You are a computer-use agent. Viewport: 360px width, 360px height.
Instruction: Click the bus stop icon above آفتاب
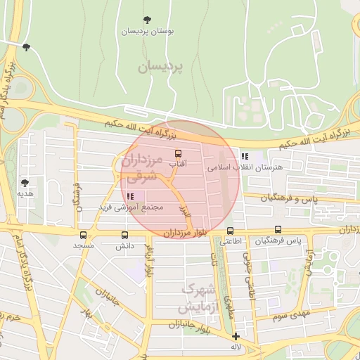coord(178,153)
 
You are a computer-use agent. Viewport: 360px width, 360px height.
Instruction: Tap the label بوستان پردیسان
coord(147,32)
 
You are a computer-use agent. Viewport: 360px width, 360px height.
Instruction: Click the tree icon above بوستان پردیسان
coord(147,20)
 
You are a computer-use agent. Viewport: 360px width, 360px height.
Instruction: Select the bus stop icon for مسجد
coord(84,235)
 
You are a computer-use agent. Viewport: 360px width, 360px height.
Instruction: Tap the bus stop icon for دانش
coord(125,235)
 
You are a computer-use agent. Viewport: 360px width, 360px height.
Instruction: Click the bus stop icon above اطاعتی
coord(230,231)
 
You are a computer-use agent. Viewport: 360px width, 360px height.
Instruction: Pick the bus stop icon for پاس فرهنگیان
coord(278,229)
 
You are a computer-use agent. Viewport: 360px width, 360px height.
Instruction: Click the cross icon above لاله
coord(236,336)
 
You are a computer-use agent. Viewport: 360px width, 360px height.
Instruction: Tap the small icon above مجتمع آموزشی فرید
coord(130,196)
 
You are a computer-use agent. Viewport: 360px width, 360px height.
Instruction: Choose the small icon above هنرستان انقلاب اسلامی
coord(244,157)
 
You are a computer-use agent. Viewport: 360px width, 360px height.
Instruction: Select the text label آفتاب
coord(179,164)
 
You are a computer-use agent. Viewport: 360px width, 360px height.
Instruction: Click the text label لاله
coord(236,347)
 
